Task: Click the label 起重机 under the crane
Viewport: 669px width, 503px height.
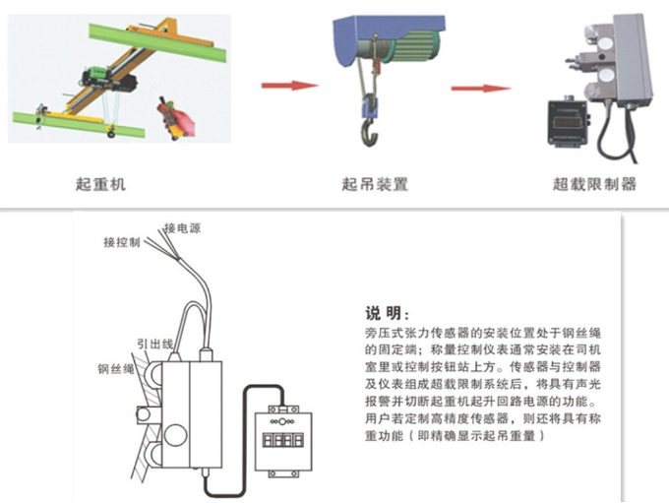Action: coord(101,184)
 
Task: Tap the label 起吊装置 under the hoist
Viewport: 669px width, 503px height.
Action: coord(374,184)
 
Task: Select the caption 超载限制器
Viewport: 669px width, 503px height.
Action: coord(593,184)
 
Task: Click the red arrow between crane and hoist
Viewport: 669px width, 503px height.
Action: coord(287,85)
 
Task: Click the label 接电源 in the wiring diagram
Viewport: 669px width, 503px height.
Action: coord(185,228)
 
